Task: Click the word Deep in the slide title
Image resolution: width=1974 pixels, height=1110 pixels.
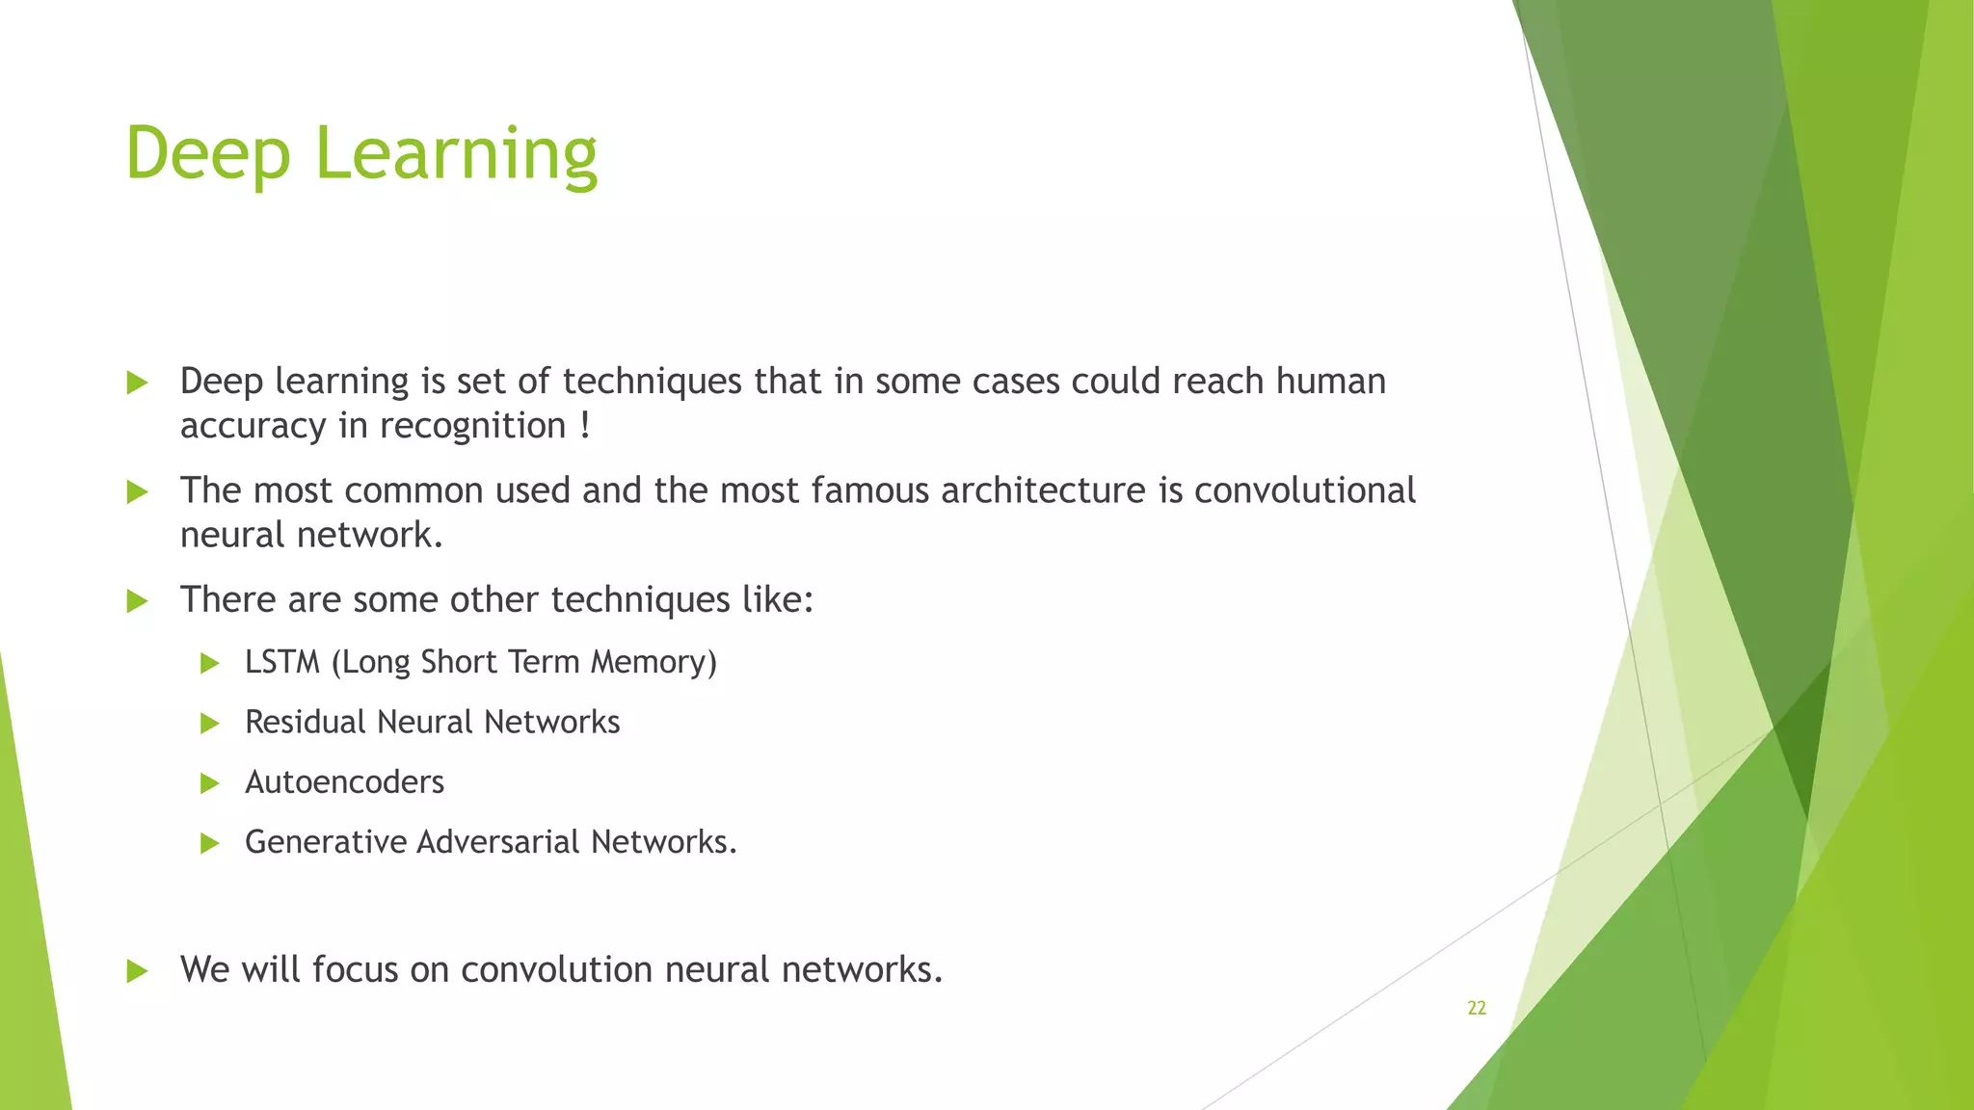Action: tap(207, 154)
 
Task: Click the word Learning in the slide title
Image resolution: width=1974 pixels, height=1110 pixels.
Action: tap(456, 154)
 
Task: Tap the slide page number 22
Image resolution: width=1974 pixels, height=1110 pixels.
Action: tap(1476, 1008)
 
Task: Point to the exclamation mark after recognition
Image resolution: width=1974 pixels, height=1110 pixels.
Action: tap(585, 426)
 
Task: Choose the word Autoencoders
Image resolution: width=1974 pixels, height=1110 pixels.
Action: tap(344, 781)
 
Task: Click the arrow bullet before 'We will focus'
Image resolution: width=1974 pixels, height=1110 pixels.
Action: tap(137, 971)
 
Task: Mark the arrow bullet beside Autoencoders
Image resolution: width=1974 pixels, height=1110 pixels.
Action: tap(209, 783)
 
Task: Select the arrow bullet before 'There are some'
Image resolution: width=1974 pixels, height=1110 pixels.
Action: tap(137, 601)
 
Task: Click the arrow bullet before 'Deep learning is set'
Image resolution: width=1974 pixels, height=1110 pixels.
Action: tap(137, 383)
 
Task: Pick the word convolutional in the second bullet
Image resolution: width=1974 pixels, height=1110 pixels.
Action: tap(1305, 490)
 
